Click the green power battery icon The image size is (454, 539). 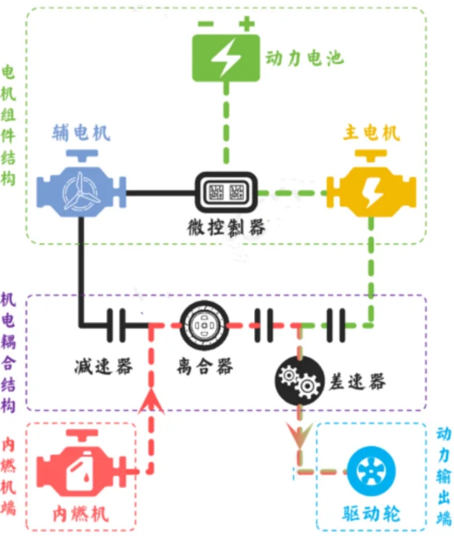point(225,57)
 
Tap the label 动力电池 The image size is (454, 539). point(304,57)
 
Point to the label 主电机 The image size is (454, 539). point(372,133)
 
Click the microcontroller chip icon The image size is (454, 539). point(226,192)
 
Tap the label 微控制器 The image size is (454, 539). point(226,228)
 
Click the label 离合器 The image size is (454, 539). point(204,365)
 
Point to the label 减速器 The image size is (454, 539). point(104,366)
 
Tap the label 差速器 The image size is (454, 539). point(357,381)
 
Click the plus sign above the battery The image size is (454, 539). point(247,24)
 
